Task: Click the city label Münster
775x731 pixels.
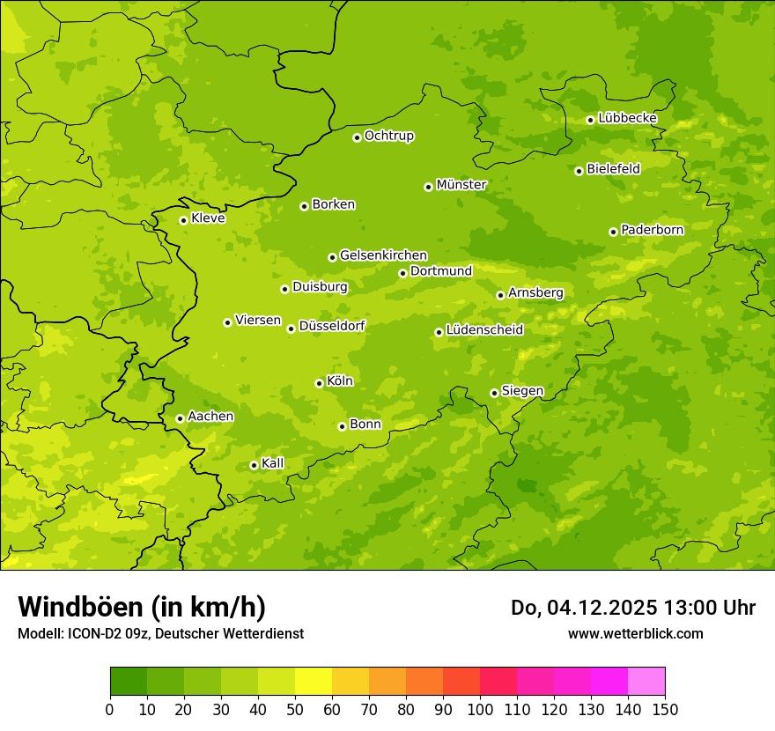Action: [x=461, y=185]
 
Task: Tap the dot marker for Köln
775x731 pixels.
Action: [x=319, y=383]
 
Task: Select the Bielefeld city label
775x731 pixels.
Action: [x=613, y=169]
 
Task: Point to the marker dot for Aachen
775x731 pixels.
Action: [x=180, y=418]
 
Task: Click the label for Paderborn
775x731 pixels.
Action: [x=652, y=230]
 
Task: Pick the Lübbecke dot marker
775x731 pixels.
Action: [x=590, y=120]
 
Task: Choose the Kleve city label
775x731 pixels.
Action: [x=208, y=218]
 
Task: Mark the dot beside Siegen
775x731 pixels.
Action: [x=494, y=393]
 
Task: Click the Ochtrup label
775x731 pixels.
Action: [x=388, y=136]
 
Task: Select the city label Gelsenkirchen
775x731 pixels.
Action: [x=383, y=255]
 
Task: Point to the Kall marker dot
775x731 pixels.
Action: [x=254, y=465]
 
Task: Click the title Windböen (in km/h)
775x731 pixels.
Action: [x=142, y=607]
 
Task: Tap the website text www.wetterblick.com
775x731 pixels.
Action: [x=635, y=633]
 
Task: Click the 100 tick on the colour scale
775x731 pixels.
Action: [x=480, y=709]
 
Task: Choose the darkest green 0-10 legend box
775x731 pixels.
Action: [x=129, y=682]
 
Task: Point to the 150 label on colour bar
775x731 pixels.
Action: [x=664, y=709]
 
